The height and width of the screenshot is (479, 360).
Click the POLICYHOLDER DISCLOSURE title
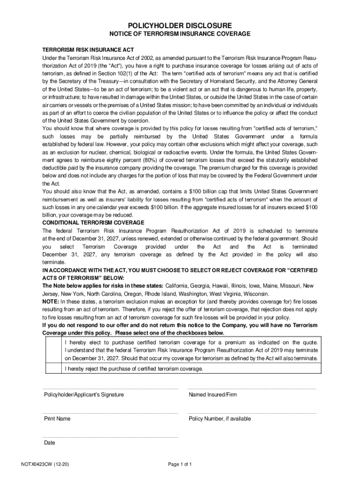(x=180, y=25)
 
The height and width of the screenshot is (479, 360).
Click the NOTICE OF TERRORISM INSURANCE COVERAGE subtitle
(x=180, y=34)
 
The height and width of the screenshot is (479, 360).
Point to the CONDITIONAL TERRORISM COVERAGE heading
(x=93, y=222)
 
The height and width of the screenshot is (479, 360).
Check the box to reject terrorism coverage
(x=53, y=369)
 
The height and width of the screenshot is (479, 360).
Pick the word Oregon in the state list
(x=137, y=293)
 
